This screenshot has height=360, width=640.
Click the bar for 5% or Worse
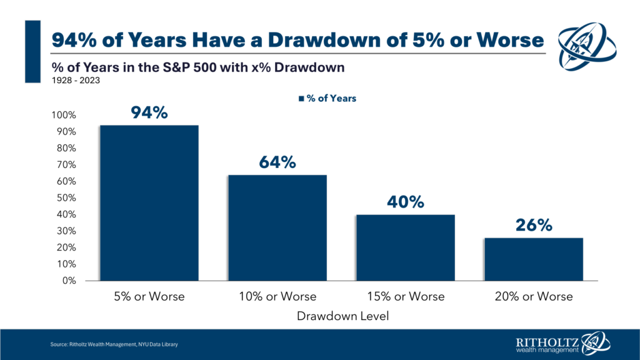click(149, 202)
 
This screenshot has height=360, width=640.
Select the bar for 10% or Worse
click(277, 227)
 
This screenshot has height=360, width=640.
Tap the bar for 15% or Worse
click(406, 247)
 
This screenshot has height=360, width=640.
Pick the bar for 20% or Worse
click(534, 259)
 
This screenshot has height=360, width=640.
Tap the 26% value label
click(534, 225)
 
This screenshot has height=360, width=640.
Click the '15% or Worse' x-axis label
click(406, 296)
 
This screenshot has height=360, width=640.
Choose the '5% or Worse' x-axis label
click(149, 296)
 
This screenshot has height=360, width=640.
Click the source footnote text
click(118, 345)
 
